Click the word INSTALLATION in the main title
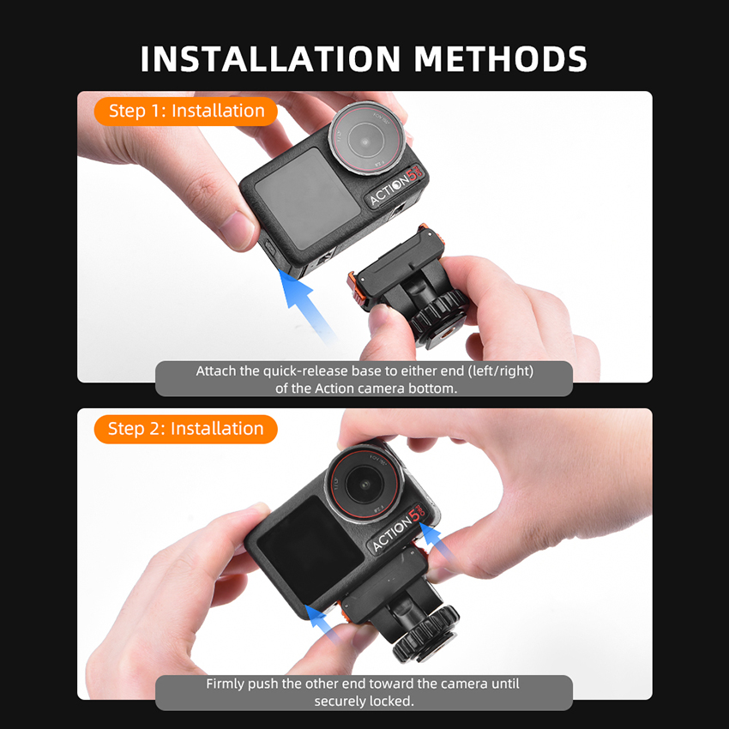coord(270,58)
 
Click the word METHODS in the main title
coord(501,58)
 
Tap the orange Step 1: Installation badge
coord(186,111)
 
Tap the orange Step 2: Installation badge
coord(186,429)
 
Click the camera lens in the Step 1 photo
coord(366,138)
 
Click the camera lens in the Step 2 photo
coord(365,485)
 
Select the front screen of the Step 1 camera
coord(307,198)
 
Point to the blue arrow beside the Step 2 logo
coord(436,539)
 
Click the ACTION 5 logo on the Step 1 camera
coord(396,185)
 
